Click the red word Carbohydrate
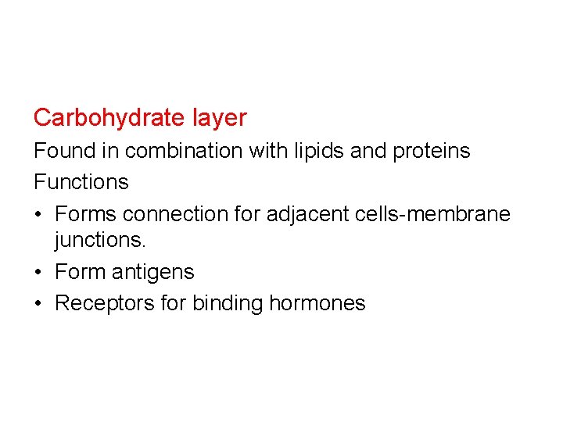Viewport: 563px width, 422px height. [109, 118]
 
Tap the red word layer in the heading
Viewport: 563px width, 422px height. [219, 118]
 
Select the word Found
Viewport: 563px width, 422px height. [65, 150]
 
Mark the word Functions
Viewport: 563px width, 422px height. [81, 181]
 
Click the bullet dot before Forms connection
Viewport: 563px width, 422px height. [39, 213]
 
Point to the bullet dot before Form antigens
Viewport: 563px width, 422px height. [39, 273]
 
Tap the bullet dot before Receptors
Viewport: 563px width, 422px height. [39, 303]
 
